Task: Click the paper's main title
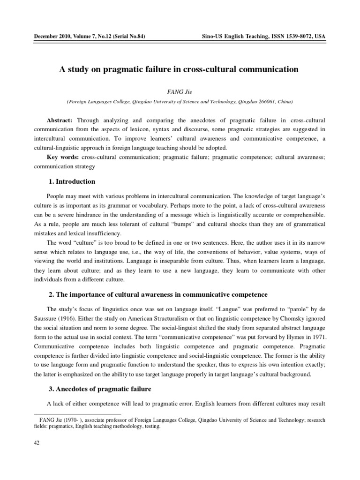(x=179, y=69)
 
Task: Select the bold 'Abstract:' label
(x=60, y=120)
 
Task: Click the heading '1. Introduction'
(x=72, y=181)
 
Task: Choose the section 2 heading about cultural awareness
(x=158, y=294)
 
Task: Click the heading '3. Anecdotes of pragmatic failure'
(x=102, y=389)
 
